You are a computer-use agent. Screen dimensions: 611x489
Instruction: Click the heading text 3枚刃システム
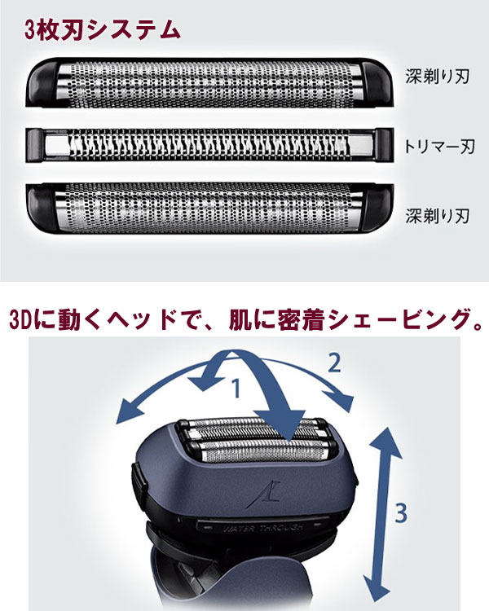pyautogui.click(x=102, y=30)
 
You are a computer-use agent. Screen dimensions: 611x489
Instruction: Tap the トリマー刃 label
pyautogui.click(x=438, y=147)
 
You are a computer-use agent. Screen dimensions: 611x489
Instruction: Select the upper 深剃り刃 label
pyautogui.click(x=438, y=77)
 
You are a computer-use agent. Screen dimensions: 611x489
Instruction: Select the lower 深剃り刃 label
pyautogui.click(x=438, y=216)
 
